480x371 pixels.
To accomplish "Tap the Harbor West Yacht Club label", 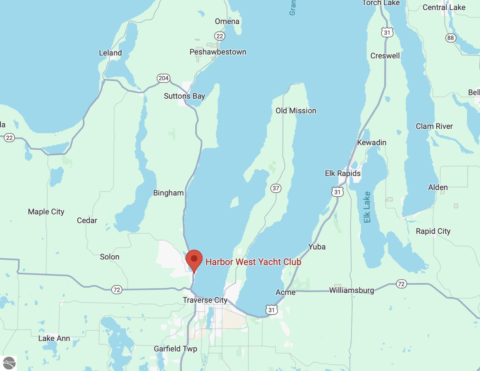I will click(x=253, y=262).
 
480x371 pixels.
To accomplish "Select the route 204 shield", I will click(x=163, y=78).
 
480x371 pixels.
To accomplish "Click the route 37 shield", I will click(x=276, y=188).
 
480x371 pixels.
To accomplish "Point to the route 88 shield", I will click(x=450, y=38).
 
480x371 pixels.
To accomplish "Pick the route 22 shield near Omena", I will click(x=219, y=36).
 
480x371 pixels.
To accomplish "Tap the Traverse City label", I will click(x=205, y=300).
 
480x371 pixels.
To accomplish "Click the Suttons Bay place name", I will click(x=184, y=96).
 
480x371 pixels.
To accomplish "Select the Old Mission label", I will click(x=296, y=111).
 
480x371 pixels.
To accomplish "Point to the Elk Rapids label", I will click(x=343, y=173).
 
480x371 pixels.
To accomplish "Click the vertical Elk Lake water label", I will click(x=367, y=207).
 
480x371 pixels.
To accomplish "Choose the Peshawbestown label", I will click(x=218, y=52).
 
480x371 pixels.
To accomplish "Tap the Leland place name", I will click(x=110, y=53).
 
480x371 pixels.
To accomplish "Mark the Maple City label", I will click(x=46, y=212).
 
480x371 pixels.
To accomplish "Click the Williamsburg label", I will click(x=351, y=290).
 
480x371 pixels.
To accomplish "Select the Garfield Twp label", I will click(x=176, y=349).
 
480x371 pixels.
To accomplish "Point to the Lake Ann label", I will click(x=54, y=338).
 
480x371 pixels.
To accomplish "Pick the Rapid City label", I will click(x=433, y=231).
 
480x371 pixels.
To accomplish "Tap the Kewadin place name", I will click(x=372, y=142).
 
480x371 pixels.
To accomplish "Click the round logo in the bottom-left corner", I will click(x=9, y=363).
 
